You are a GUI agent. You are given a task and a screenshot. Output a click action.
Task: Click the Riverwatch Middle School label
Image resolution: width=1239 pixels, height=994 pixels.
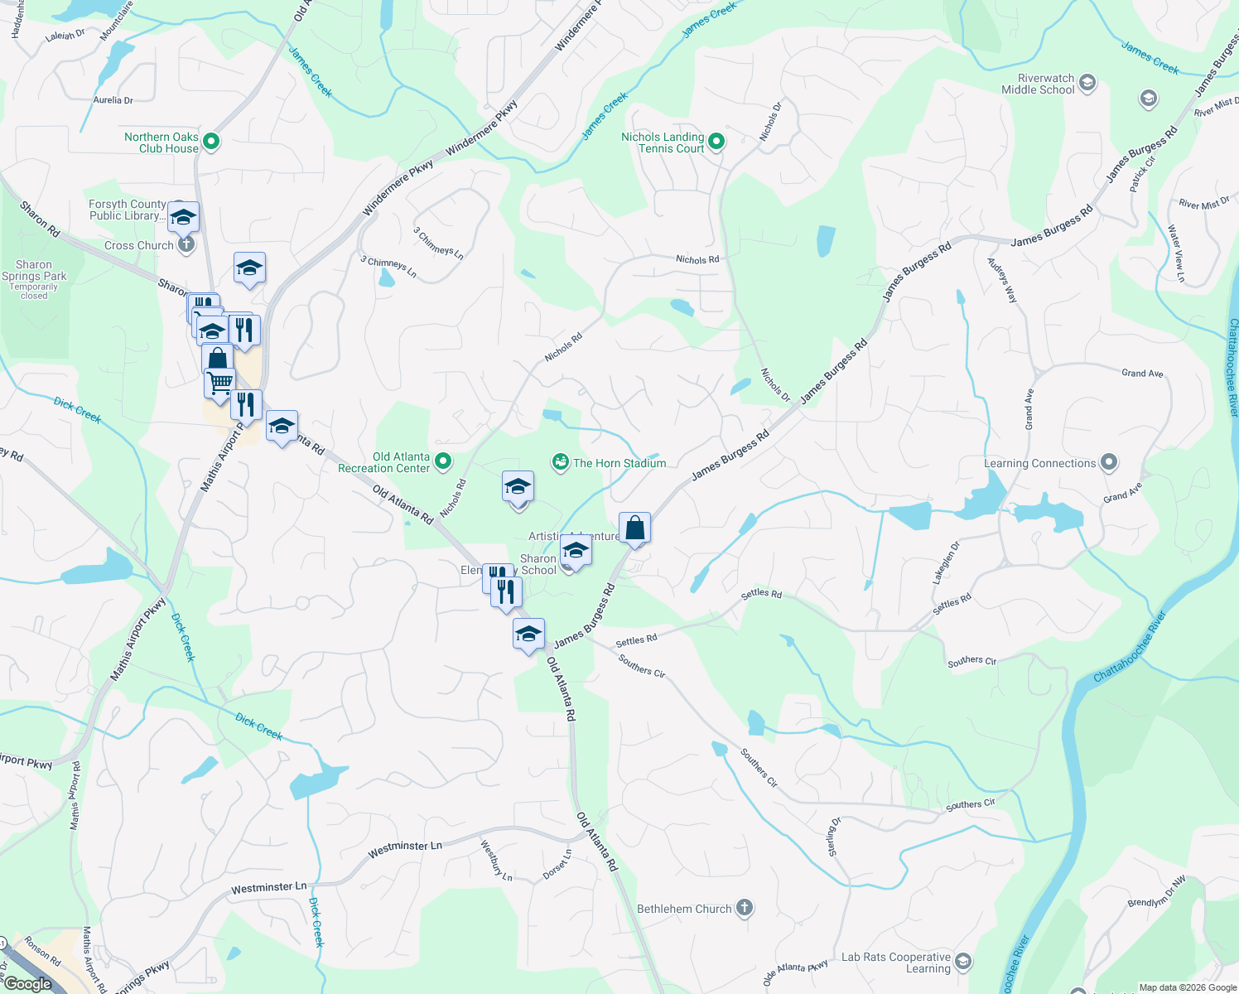[1038, 84]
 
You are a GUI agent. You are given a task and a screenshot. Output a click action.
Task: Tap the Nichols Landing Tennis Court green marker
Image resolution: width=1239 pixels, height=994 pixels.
[716, 142]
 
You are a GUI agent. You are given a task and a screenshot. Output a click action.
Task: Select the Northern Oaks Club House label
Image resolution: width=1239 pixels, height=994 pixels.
[162, 142]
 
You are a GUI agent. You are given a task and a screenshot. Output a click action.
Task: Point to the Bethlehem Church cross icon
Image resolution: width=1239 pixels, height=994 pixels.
[745, 908]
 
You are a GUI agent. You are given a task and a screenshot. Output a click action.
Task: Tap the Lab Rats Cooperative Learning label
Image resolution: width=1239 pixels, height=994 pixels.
[895, 963]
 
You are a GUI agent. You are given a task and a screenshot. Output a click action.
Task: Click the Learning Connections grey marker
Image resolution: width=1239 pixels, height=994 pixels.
[1110, 463]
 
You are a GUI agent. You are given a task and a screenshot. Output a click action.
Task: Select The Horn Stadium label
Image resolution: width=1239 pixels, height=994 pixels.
[619, 463]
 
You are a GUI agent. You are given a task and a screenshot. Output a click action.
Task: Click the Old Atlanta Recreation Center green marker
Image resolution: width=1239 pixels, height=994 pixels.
[443, 461]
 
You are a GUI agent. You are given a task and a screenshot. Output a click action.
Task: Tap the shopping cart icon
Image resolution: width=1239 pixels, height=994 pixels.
[219, 383]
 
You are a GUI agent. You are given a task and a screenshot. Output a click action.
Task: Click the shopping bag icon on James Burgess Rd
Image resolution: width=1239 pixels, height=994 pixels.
[634, 528]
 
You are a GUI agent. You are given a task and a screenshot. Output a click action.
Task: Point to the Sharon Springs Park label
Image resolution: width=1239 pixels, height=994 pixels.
[34, 271]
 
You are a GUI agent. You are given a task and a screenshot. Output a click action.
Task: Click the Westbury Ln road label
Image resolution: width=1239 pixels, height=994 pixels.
[497, 861]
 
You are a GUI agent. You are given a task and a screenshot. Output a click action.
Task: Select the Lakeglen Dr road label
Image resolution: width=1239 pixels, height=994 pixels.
[947, 563]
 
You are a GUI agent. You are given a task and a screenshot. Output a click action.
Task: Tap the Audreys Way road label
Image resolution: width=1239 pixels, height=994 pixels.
[1001, 280]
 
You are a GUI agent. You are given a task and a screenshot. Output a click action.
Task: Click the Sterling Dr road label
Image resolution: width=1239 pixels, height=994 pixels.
[832, 837]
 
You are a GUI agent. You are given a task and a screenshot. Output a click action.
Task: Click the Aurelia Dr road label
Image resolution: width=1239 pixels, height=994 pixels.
[113, 100]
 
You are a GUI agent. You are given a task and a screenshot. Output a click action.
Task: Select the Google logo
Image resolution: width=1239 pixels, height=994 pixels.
[28, 984]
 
